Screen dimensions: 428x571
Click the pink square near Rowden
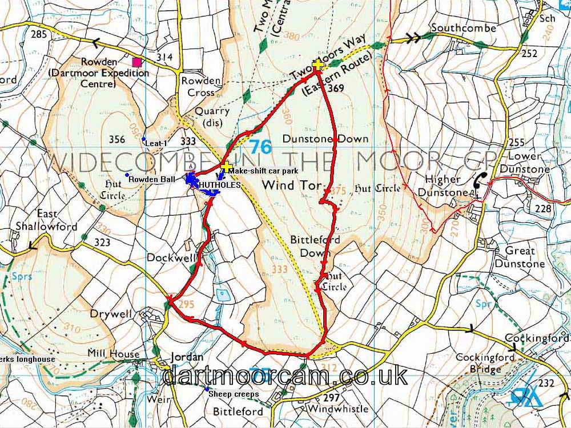point(136,62)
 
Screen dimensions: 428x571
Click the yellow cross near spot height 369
point(317,66)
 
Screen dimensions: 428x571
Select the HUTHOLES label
point(215,185)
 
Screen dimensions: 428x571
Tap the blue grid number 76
point(260,147)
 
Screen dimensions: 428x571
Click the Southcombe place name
point(464,27)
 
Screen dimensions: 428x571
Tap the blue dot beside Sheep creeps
point(207,389)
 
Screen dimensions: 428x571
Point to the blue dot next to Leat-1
point(143,139)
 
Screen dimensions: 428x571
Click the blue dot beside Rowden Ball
point(126,175)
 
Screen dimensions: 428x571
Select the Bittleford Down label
point(315,246)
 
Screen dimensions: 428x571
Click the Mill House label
point(113,354)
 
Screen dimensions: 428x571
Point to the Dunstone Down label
point(325,139)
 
